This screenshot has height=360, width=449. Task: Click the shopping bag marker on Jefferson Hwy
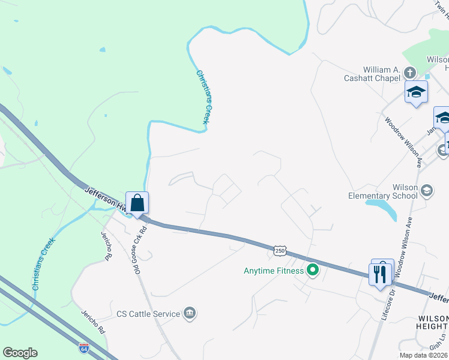point(137,202)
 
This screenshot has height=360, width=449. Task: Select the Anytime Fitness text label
point(273,271)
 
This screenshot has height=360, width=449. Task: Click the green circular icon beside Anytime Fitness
point(312,271)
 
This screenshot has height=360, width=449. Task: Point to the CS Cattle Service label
point(148,314)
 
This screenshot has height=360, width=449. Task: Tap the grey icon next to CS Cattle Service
point(189,313)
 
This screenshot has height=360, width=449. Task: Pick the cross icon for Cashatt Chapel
point(410,73)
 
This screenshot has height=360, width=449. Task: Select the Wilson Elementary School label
point(383,191)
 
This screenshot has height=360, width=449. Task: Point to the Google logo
point(20,353)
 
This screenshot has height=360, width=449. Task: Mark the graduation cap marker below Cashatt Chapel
point(415,92)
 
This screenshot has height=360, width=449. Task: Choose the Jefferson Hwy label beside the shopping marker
point(103,197)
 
